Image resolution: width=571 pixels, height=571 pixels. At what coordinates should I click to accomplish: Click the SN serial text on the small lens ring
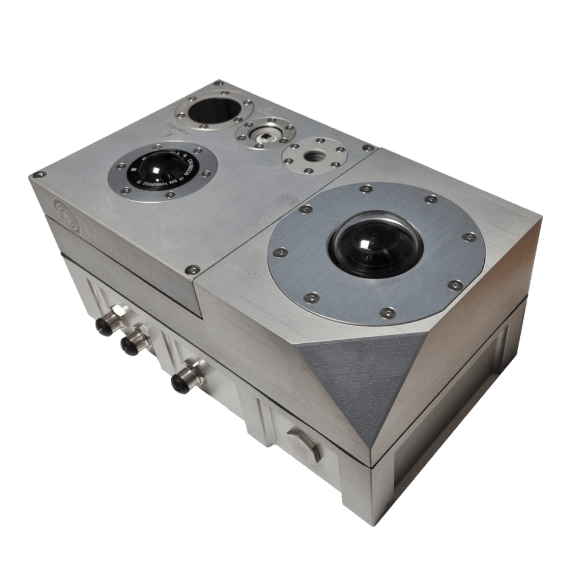point(185,179)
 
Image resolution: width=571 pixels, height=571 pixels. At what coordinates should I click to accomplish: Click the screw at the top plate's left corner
point(38,174)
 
